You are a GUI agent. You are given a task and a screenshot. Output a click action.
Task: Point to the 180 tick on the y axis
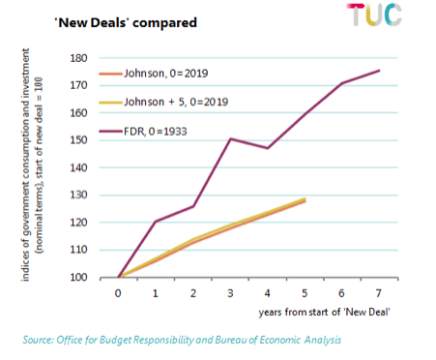point(80,58)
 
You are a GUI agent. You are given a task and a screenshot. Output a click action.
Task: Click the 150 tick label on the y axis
point(80,140)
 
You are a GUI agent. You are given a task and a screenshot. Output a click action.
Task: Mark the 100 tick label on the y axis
point(80,278)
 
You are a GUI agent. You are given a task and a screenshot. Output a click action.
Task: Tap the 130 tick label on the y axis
point(80,195)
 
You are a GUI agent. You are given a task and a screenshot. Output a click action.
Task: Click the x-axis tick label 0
point(118,291)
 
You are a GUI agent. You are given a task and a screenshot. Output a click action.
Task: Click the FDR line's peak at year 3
point(230,138)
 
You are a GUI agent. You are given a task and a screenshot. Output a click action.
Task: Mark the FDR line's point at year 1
point(156,222)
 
